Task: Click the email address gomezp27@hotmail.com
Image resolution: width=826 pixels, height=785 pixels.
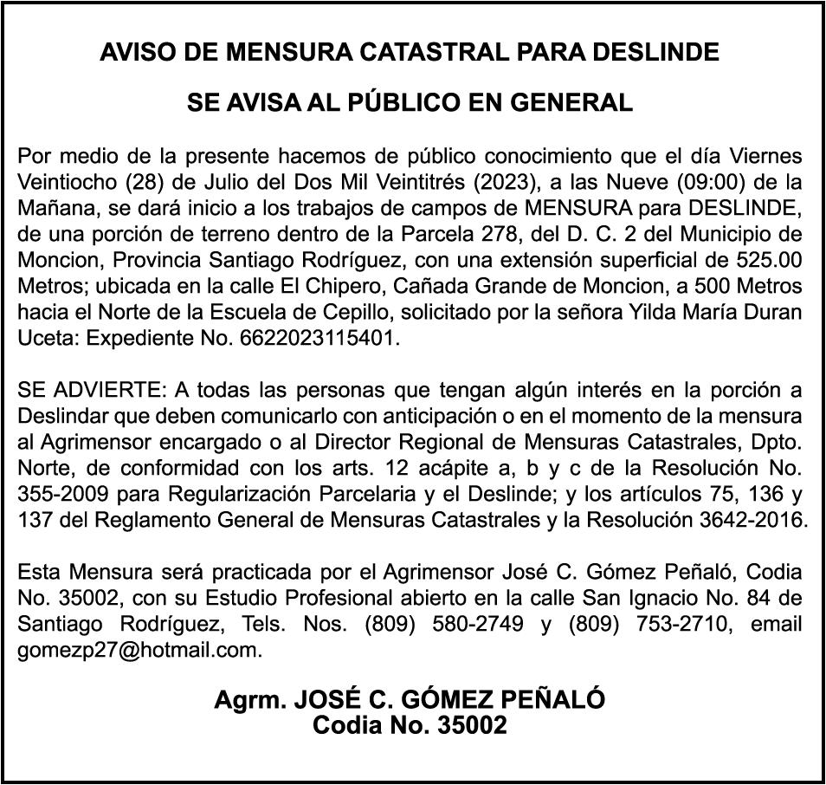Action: point(139,650)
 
